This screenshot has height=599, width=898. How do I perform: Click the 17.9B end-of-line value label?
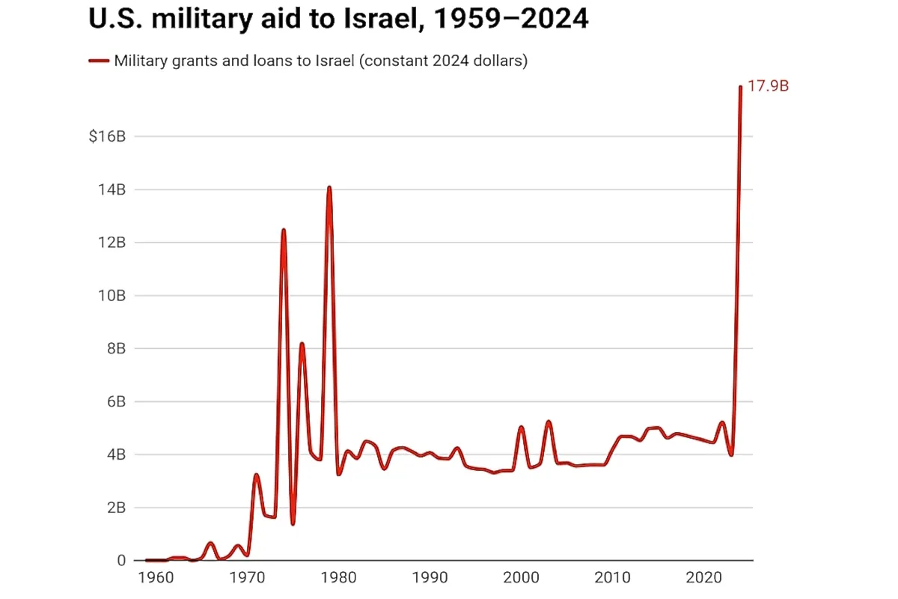tap(769, 86)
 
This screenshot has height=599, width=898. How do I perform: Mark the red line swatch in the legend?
tap(99, 61)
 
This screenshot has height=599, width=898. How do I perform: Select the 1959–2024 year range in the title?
tap(509, 19)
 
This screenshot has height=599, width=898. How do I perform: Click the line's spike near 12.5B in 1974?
tap(284, 230)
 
